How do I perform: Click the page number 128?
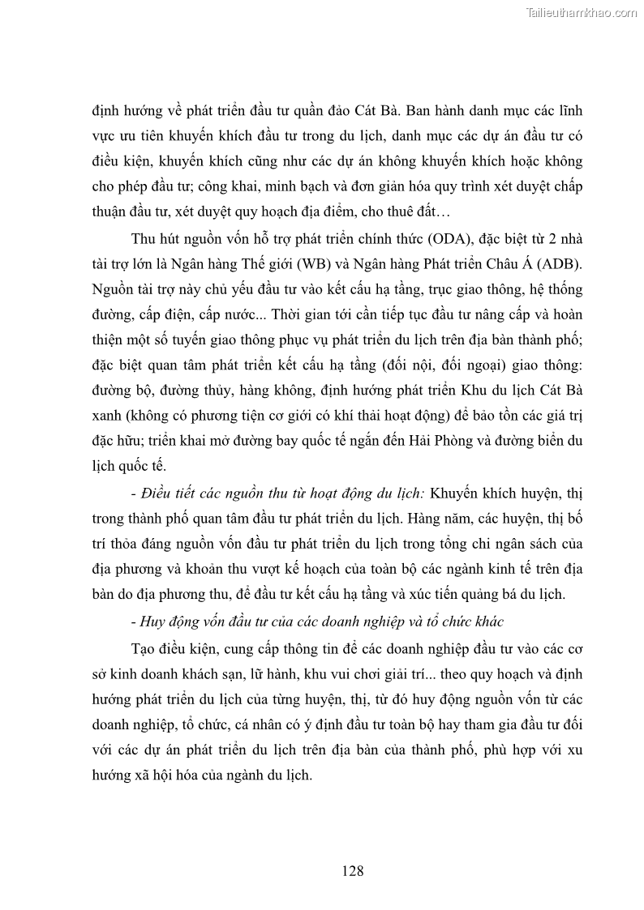click(352, 871)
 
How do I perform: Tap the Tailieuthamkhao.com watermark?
click(582, 12)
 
